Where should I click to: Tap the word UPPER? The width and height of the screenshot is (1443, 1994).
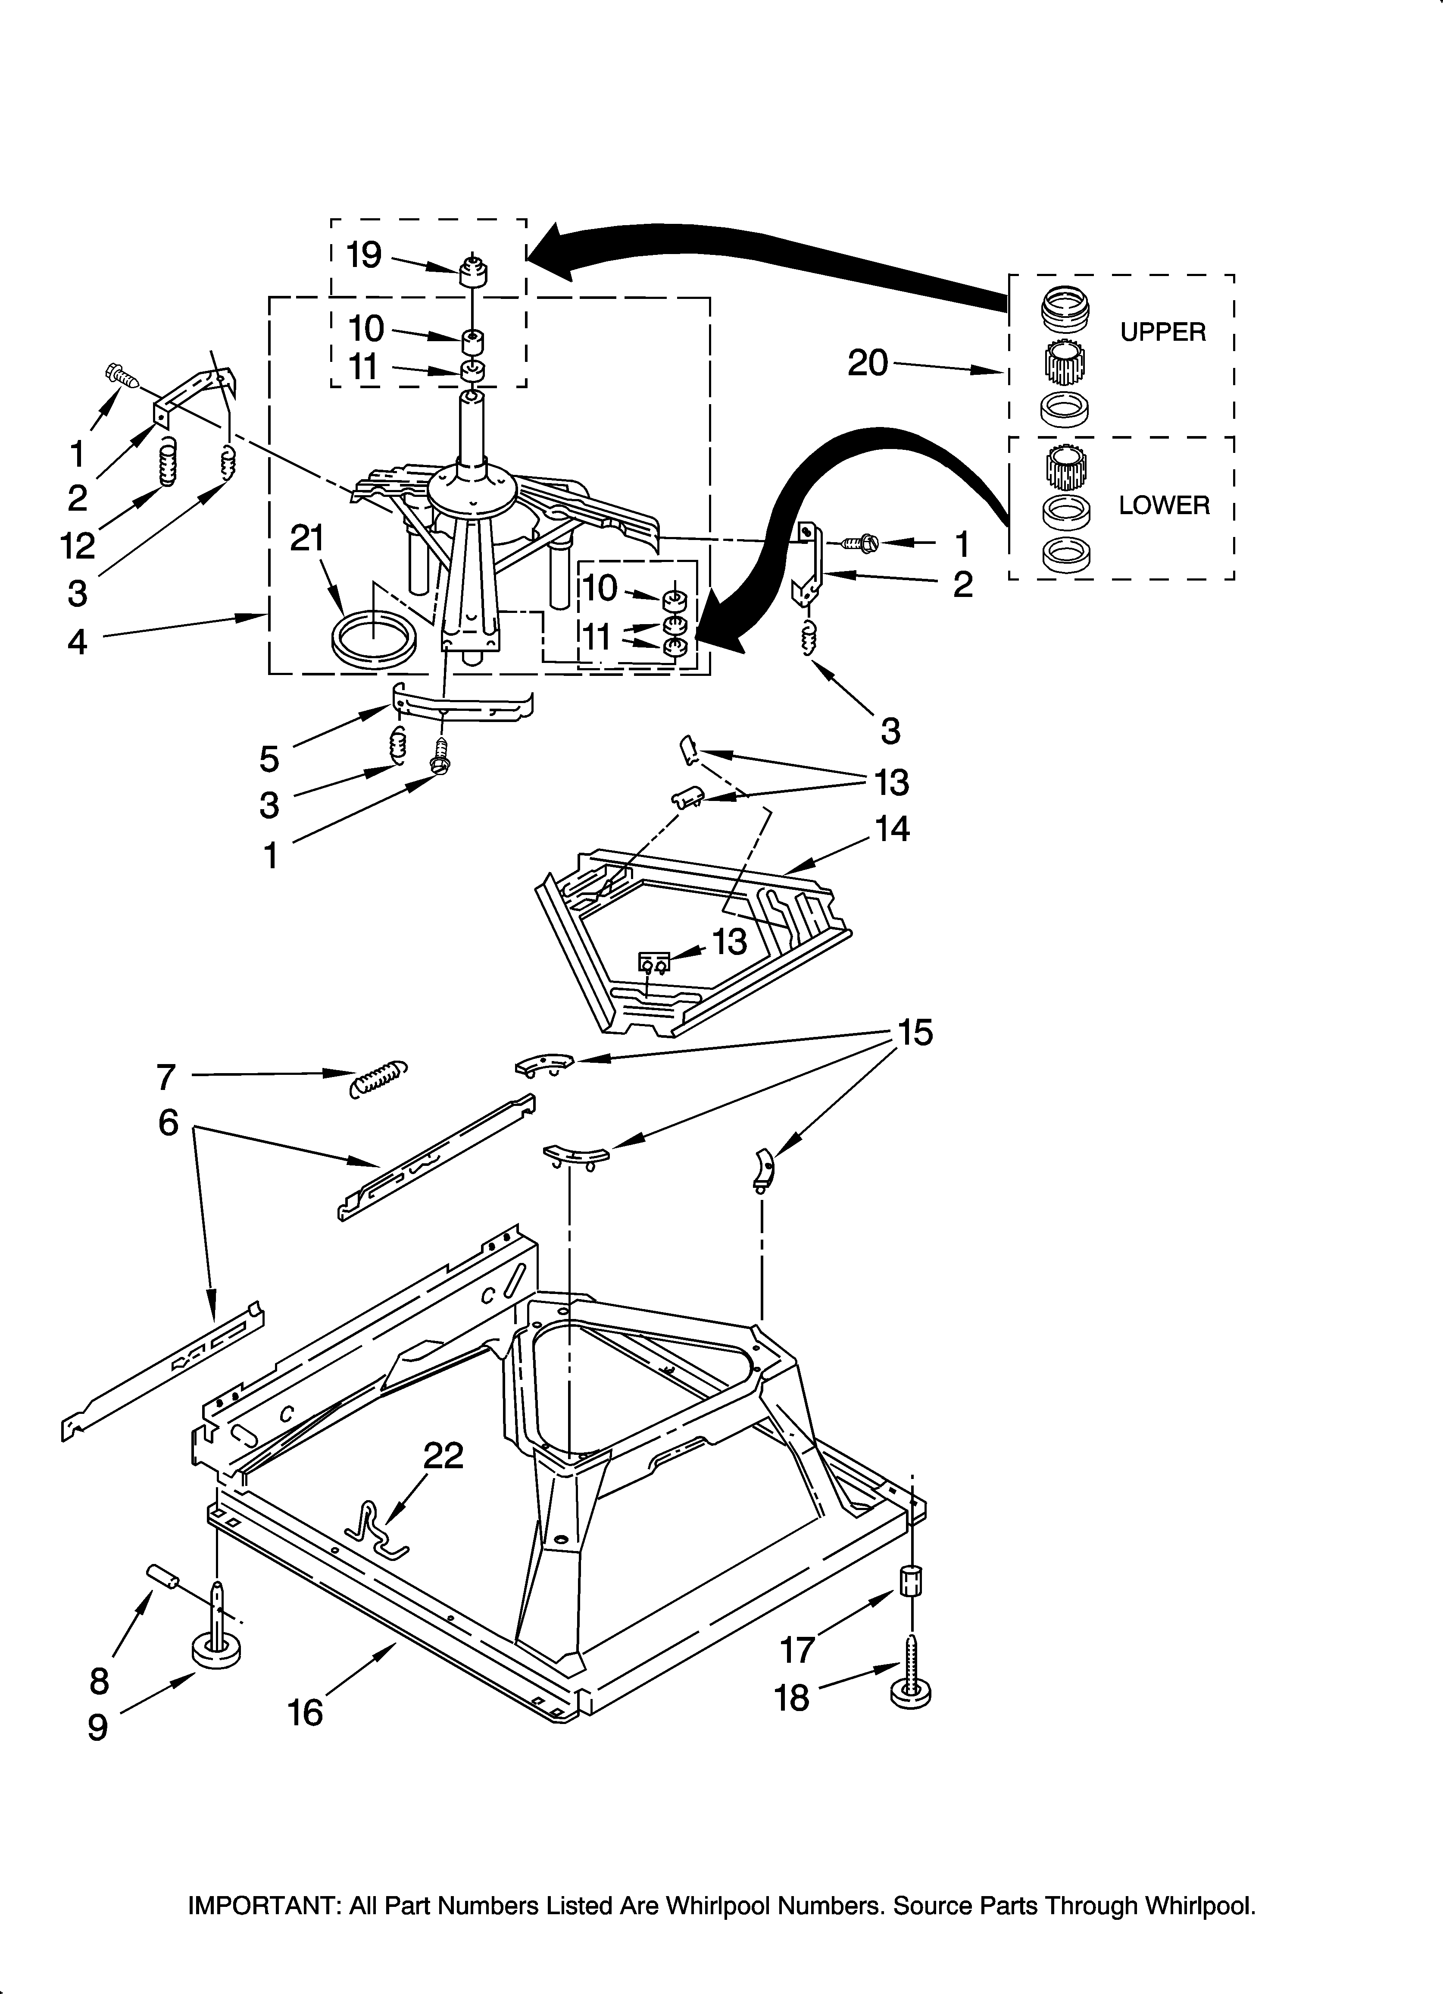tap(1163, 332)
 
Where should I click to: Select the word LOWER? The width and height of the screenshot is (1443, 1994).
tap(1164, 506)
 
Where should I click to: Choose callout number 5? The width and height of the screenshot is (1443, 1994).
tap(269, 758)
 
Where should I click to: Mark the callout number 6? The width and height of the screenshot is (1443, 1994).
tap(168, 1123)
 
